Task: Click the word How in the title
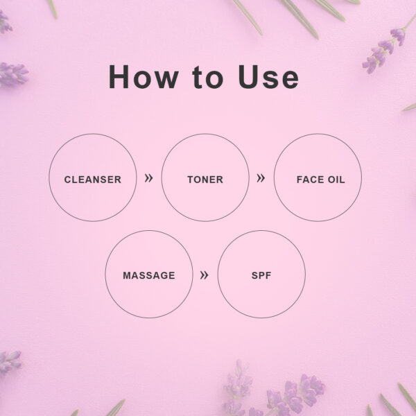(144, 76)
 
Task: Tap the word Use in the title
(268, 76)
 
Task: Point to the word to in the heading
(208, 77)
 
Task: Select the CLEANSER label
(93, 180)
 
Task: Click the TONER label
(205, 180)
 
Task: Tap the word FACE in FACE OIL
(310, 180)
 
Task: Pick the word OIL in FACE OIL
(336, 180)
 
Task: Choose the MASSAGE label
(149, 275)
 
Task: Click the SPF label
(261, 275)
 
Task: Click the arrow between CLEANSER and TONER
(148, 178)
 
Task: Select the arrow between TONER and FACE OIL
(261, 178)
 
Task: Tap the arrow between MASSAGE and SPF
(204, 275)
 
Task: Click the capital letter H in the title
(119, 76)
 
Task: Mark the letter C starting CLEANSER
(68, 180)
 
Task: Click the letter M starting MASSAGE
(128, 275)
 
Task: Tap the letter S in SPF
(254, 275)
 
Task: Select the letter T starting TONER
(191, 180)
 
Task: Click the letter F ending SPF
(268, 275)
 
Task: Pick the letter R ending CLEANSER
(118, 180)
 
